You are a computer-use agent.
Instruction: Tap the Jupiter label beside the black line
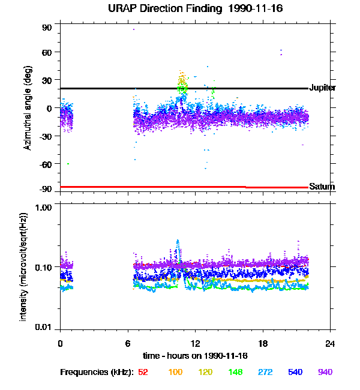tap(322, 88)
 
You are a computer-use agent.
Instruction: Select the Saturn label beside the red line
tap(322, 187)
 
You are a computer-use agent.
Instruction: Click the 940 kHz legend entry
tap(325, 372)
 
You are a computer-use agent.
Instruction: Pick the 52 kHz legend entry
tap(143, 372)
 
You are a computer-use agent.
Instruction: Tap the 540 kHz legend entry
tap(294, 372)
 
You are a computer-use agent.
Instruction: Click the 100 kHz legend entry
tap(175, 372)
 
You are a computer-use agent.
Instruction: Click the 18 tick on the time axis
tap(262, 344)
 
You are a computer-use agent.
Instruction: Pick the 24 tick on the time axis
tap(330, 344)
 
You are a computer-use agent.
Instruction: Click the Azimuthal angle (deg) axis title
tap(28, 108)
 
